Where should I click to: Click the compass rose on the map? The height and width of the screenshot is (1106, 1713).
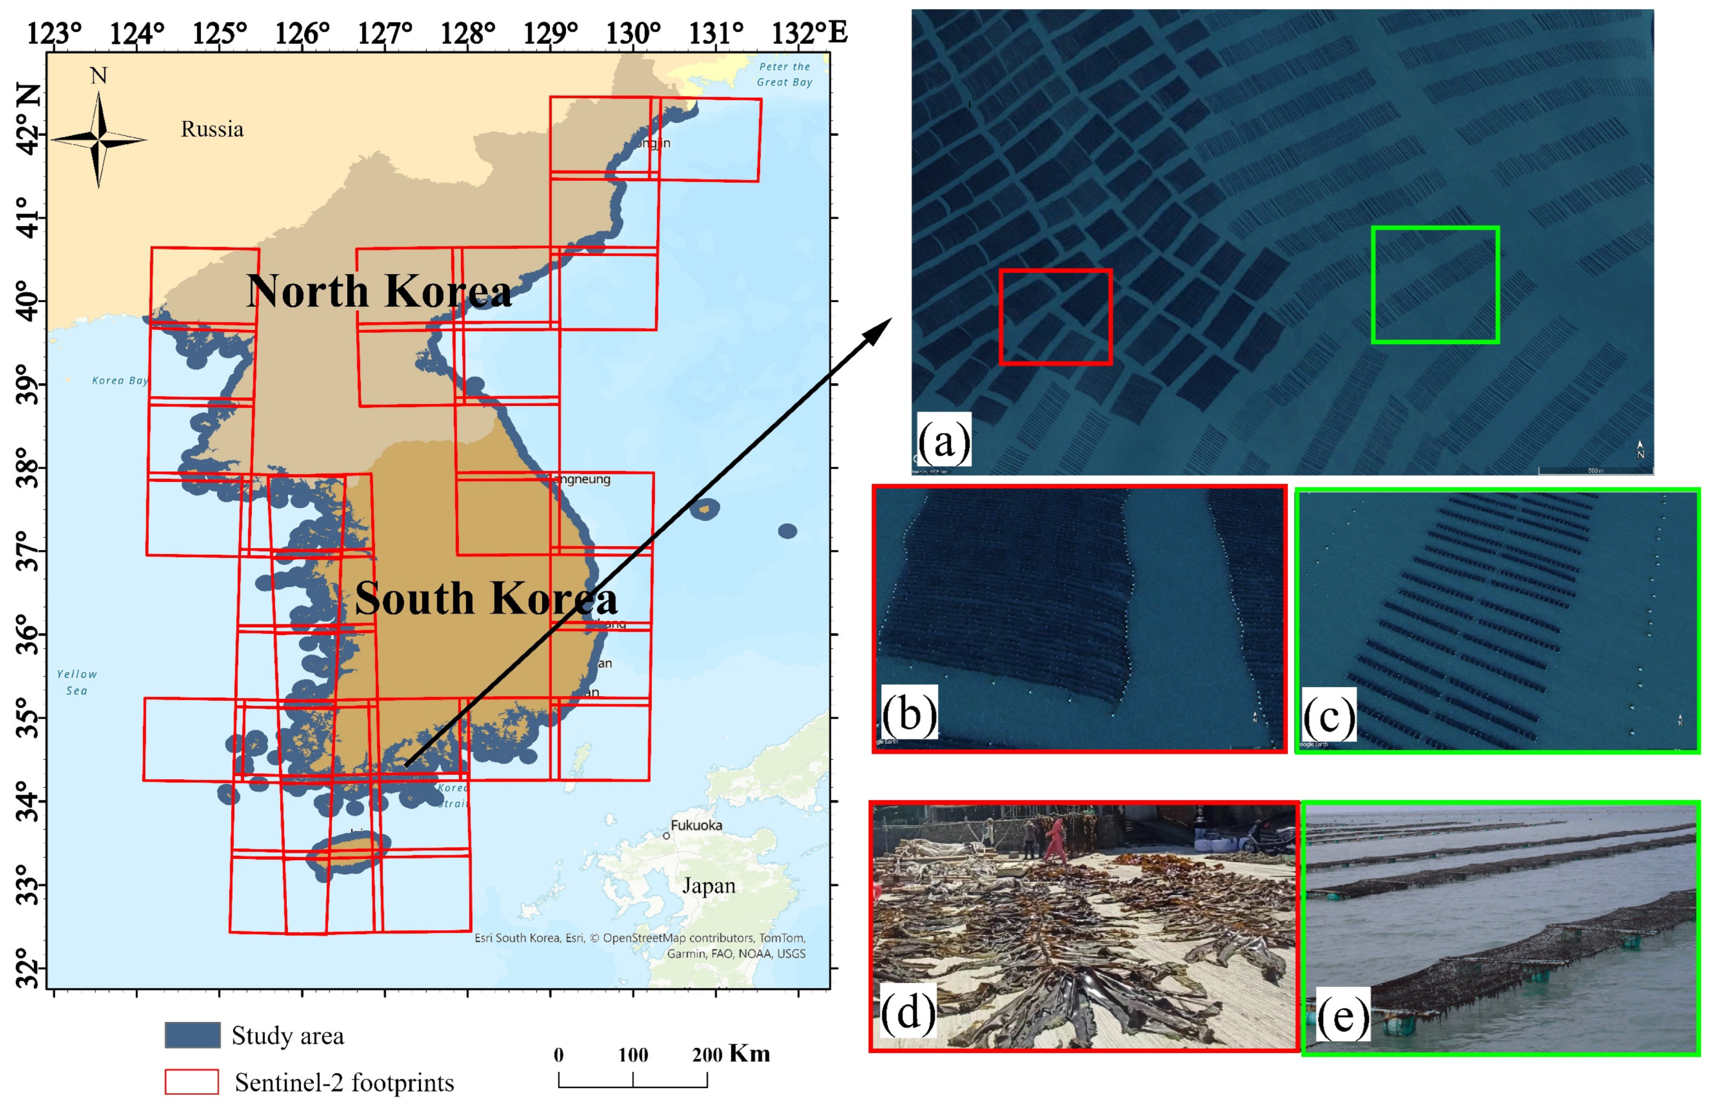click(99, 139)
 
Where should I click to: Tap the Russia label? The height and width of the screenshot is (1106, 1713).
click(212, 129)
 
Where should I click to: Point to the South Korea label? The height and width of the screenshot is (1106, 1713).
click(486, 598)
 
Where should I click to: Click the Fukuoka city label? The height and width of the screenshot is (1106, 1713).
click(696, 825)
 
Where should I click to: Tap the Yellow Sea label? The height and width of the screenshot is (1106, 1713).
click(77, 682)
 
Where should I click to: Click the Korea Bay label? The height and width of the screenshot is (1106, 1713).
click(119, 381)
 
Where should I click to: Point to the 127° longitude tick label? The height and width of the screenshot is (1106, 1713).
click(385, 32)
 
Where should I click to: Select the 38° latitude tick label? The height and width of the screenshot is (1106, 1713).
click(27, 468)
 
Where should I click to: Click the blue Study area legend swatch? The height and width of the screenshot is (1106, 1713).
click(192, 1035)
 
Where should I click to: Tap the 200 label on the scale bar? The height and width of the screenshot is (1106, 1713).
click(707, 1055)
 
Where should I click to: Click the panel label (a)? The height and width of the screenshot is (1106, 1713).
click(944, 439)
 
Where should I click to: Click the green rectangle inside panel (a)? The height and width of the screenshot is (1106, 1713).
click(1434, 285)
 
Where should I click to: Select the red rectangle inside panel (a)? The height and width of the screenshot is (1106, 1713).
click(1055, 317)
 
